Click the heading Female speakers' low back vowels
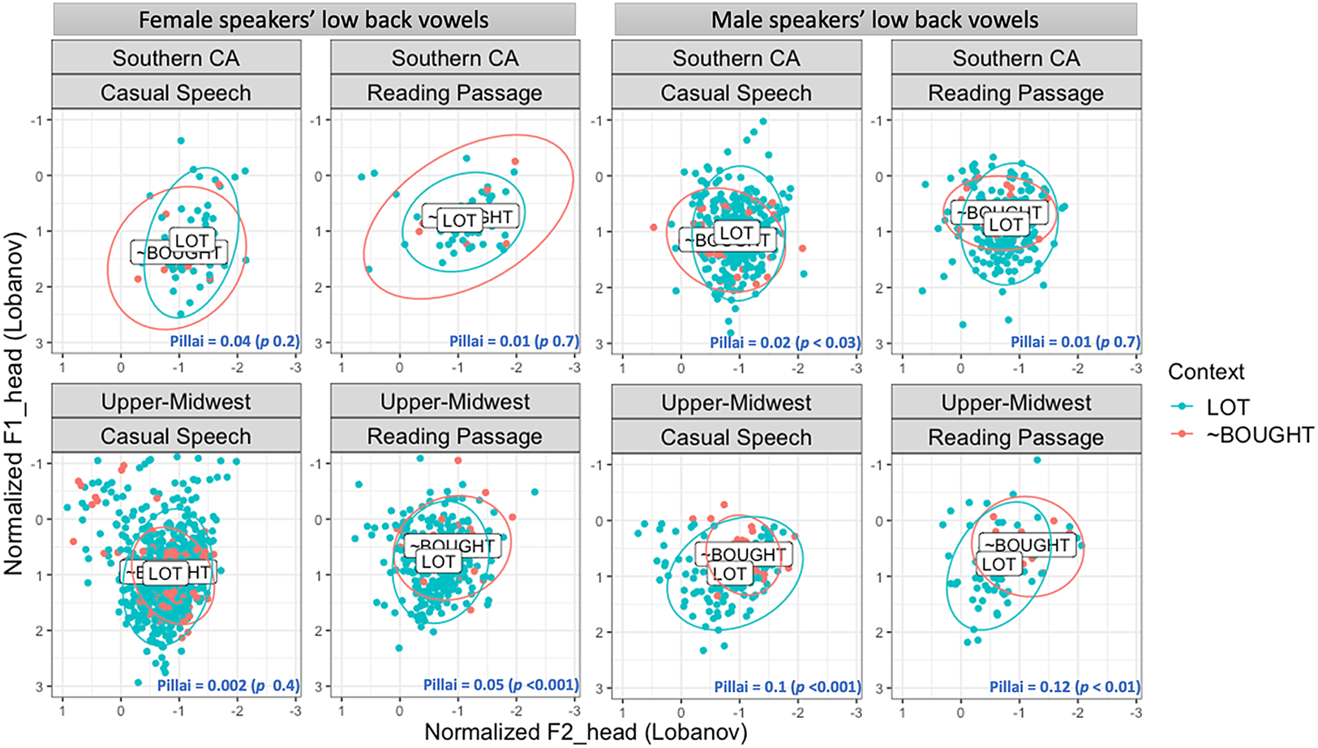click(314, 19)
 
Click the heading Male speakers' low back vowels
click(874, 19)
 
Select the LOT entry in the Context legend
click(1227, 407)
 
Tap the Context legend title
click(1206, 372)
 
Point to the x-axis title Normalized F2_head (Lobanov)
click(586, 732)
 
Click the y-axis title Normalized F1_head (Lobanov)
click(14, 403)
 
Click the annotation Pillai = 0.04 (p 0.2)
click(234, 342)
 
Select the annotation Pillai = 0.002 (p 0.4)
click(228, 686)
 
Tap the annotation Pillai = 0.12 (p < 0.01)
click(1064, 686)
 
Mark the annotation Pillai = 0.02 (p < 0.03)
click(784, 342)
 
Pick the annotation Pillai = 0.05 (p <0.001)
click(500, 686)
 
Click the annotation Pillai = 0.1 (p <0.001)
click(787, 686)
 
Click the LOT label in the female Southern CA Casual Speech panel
click(192, 240)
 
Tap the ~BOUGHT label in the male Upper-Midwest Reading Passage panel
click(1028, 545)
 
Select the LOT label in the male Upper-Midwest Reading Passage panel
click(998, 565)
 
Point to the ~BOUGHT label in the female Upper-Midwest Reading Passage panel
click(451, 546)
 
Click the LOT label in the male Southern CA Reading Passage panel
click(1006, 225)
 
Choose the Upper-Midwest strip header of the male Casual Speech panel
click(736, 403)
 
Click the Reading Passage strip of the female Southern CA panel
click(454, 93)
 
